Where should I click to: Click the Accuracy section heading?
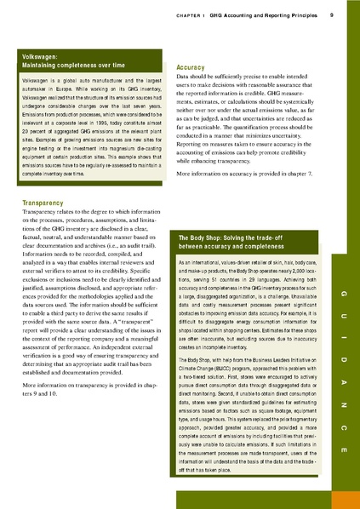point(189,66)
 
